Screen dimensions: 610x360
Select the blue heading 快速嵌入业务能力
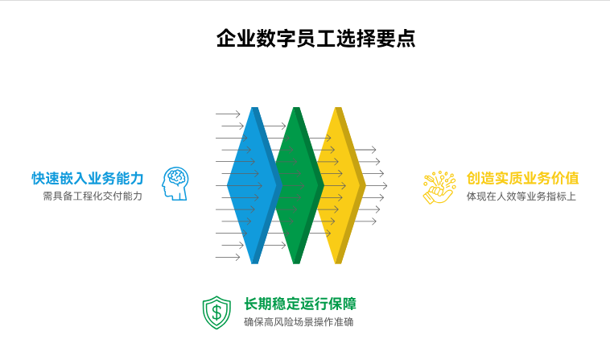click(x=88, y=178)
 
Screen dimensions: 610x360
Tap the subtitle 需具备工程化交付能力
click(x=93, y=196)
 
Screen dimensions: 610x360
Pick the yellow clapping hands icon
click(x=439, y=186)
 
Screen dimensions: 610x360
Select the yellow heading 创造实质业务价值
click(x=522, y=178)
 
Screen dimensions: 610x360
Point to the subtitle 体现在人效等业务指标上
click(x=521, y=196)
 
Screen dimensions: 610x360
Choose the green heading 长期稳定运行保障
click(x=300, y=304)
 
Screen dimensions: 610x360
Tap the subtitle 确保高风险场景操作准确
click(x=299, y=322)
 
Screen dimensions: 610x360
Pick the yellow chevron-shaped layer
click(x=340, y=185)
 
